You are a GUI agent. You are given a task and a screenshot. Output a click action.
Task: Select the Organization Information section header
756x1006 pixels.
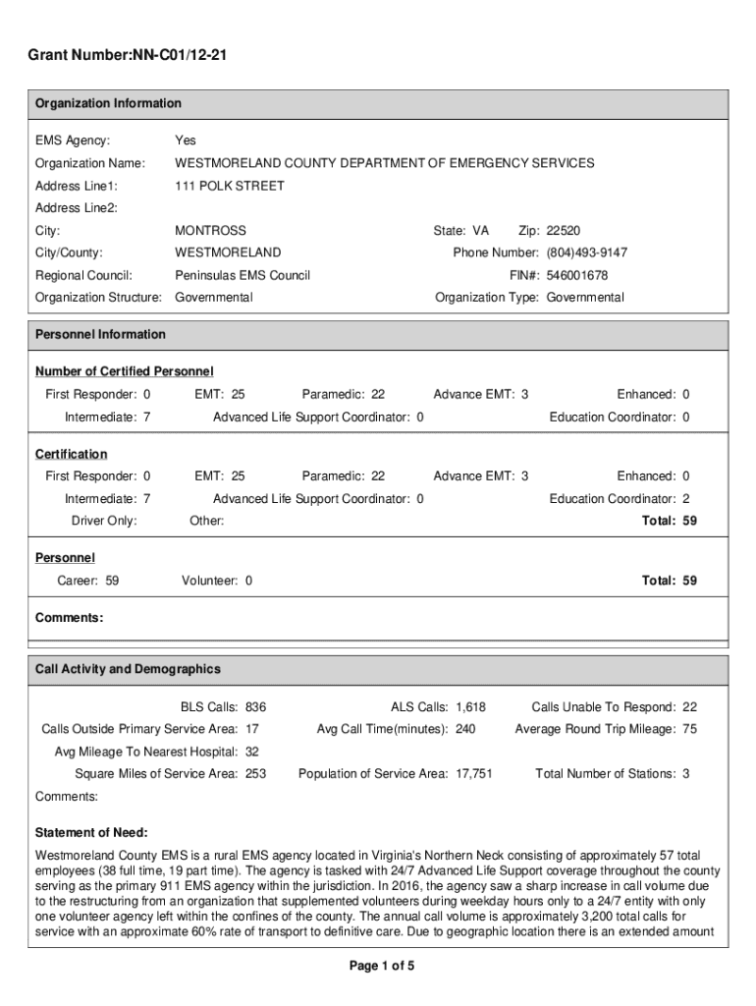108,103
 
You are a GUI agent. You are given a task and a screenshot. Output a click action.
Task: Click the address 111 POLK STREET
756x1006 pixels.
229,186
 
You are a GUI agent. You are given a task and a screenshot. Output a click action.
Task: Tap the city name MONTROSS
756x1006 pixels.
210,231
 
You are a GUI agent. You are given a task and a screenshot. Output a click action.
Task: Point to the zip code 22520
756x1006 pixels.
563,231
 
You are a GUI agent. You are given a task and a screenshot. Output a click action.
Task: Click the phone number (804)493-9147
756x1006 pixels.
586,253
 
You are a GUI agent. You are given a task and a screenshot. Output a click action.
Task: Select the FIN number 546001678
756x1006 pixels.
577,275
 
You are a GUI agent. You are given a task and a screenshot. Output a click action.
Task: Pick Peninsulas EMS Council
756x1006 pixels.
242,275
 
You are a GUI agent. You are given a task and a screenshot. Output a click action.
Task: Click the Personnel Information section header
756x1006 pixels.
100,334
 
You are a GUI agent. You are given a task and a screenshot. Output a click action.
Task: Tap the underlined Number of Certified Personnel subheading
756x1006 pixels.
125,371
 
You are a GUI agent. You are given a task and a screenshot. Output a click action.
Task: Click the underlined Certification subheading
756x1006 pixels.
72,454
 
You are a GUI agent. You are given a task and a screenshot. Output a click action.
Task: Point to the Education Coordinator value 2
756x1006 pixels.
685,498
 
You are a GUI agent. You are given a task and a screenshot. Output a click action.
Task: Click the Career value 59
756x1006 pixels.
112,581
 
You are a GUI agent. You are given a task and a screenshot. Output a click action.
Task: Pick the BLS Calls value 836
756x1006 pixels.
255,706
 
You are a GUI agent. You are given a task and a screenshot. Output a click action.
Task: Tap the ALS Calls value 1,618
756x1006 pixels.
470,706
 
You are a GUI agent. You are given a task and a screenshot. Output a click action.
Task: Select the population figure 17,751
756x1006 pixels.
473,774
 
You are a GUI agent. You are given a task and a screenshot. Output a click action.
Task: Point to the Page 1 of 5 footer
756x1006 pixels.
382,967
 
